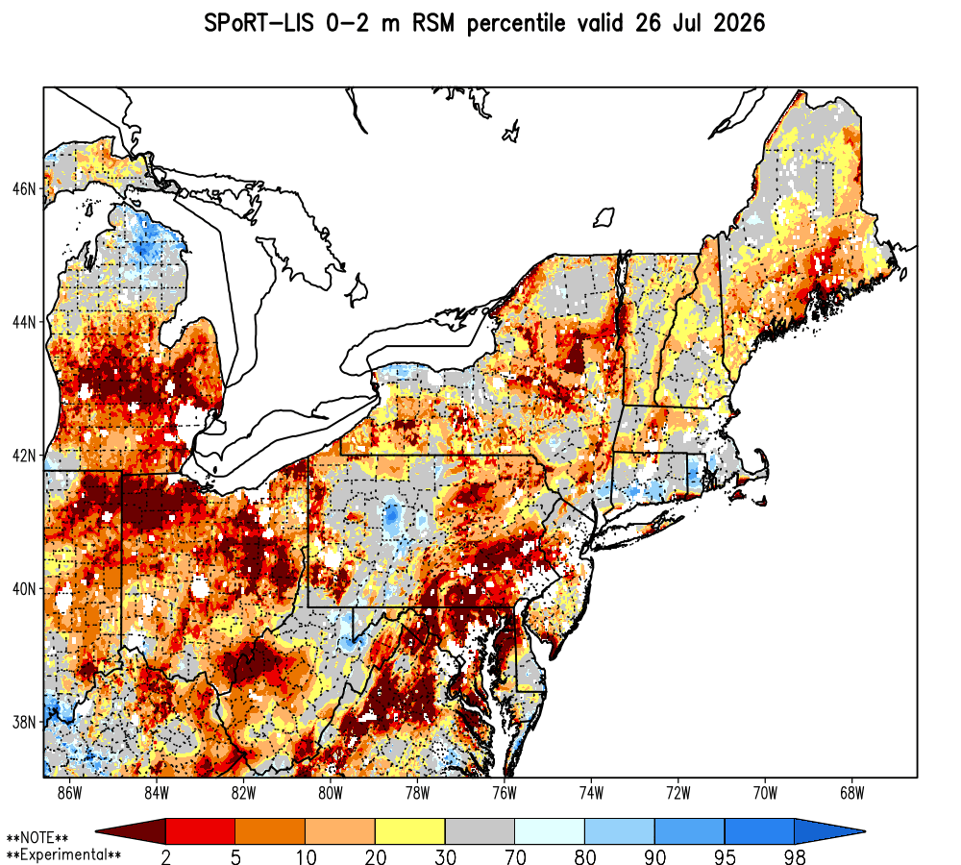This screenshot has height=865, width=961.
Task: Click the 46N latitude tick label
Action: (24, 188)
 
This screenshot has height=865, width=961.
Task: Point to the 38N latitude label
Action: (24, 722)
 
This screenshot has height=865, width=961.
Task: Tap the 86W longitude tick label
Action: (70, 793)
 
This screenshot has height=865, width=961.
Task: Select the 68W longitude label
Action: (851, 793)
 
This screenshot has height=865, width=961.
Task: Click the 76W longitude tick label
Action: (505, 793)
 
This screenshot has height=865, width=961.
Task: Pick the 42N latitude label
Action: (24, 456)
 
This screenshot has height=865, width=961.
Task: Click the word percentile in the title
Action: (516, 25)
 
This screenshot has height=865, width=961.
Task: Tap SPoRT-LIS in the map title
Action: (259, 24)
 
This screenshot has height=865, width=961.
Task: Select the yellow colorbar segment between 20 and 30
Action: (410, 831)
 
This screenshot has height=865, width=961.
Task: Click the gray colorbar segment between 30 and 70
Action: (480, 831)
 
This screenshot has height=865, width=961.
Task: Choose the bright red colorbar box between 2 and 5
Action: (201, 831)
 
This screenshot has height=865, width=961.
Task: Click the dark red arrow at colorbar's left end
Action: (131, 831)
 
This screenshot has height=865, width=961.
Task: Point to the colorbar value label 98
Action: (795, 856)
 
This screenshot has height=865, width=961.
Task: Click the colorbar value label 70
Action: (515, 856)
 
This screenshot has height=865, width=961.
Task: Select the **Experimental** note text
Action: (63, 854)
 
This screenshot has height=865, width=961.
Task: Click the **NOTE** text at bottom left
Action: (37, 838)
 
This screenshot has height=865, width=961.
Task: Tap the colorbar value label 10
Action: (306, 856)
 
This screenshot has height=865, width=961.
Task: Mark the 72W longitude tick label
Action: (678, 793)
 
